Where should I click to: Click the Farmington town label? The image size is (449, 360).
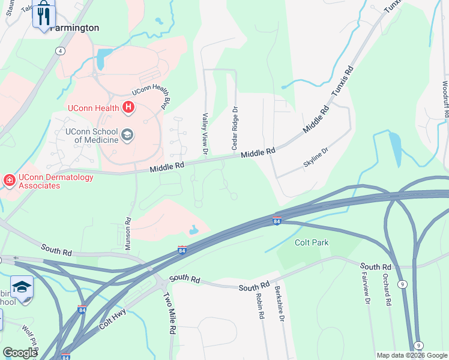pyautogui.click(x=74, y=28)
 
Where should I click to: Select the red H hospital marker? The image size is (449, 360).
pyautogui.click(x=128, y=108)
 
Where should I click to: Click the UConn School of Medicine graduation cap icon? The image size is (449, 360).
pyautogui.click(x=127, y=136)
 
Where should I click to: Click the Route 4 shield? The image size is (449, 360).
pyautogui.click(x=61, y=51)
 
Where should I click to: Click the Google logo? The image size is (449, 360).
pyautogui.click(x=20, y=353)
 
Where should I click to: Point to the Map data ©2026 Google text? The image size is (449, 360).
pyautogui.click(x=411, y=355)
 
